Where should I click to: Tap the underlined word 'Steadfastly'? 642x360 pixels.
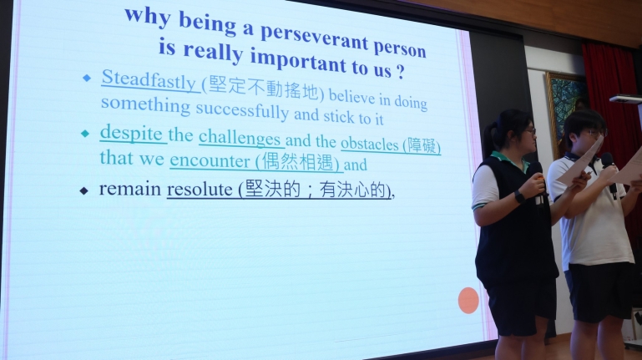pyautogui.click(x=149, y=79)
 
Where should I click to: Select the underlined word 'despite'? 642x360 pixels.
pyautogui.click(x=131, y=134)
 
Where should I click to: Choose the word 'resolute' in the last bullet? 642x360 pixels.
pyautogui.click(x=200, y=190)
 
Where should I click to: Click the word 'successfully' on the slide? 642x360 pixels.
pyautogui.click(x=242, y=110)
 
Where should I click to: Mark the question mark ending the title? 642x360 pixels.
pyautogui.click(x=400, y=72)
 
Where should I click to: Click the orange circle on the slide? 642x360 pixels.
pyautogui.click(x=468, y=300)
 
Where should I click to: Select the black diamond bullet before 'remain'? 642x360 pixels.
pyautogui.click(x=84, y=190)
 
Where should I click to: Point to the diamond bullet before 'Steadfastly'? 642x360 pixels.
pyautogui.click(x=86, y=78)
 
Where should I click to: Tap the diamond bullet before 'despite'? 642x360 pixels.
pyautogui.click(x=85, y=134)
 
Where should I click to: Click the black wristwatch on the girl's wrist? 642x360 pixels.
pyautogui.click(x=519, y=196)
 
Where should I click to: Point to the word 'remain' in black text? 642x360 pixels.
pyautogui.click(x=130, y=189)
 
